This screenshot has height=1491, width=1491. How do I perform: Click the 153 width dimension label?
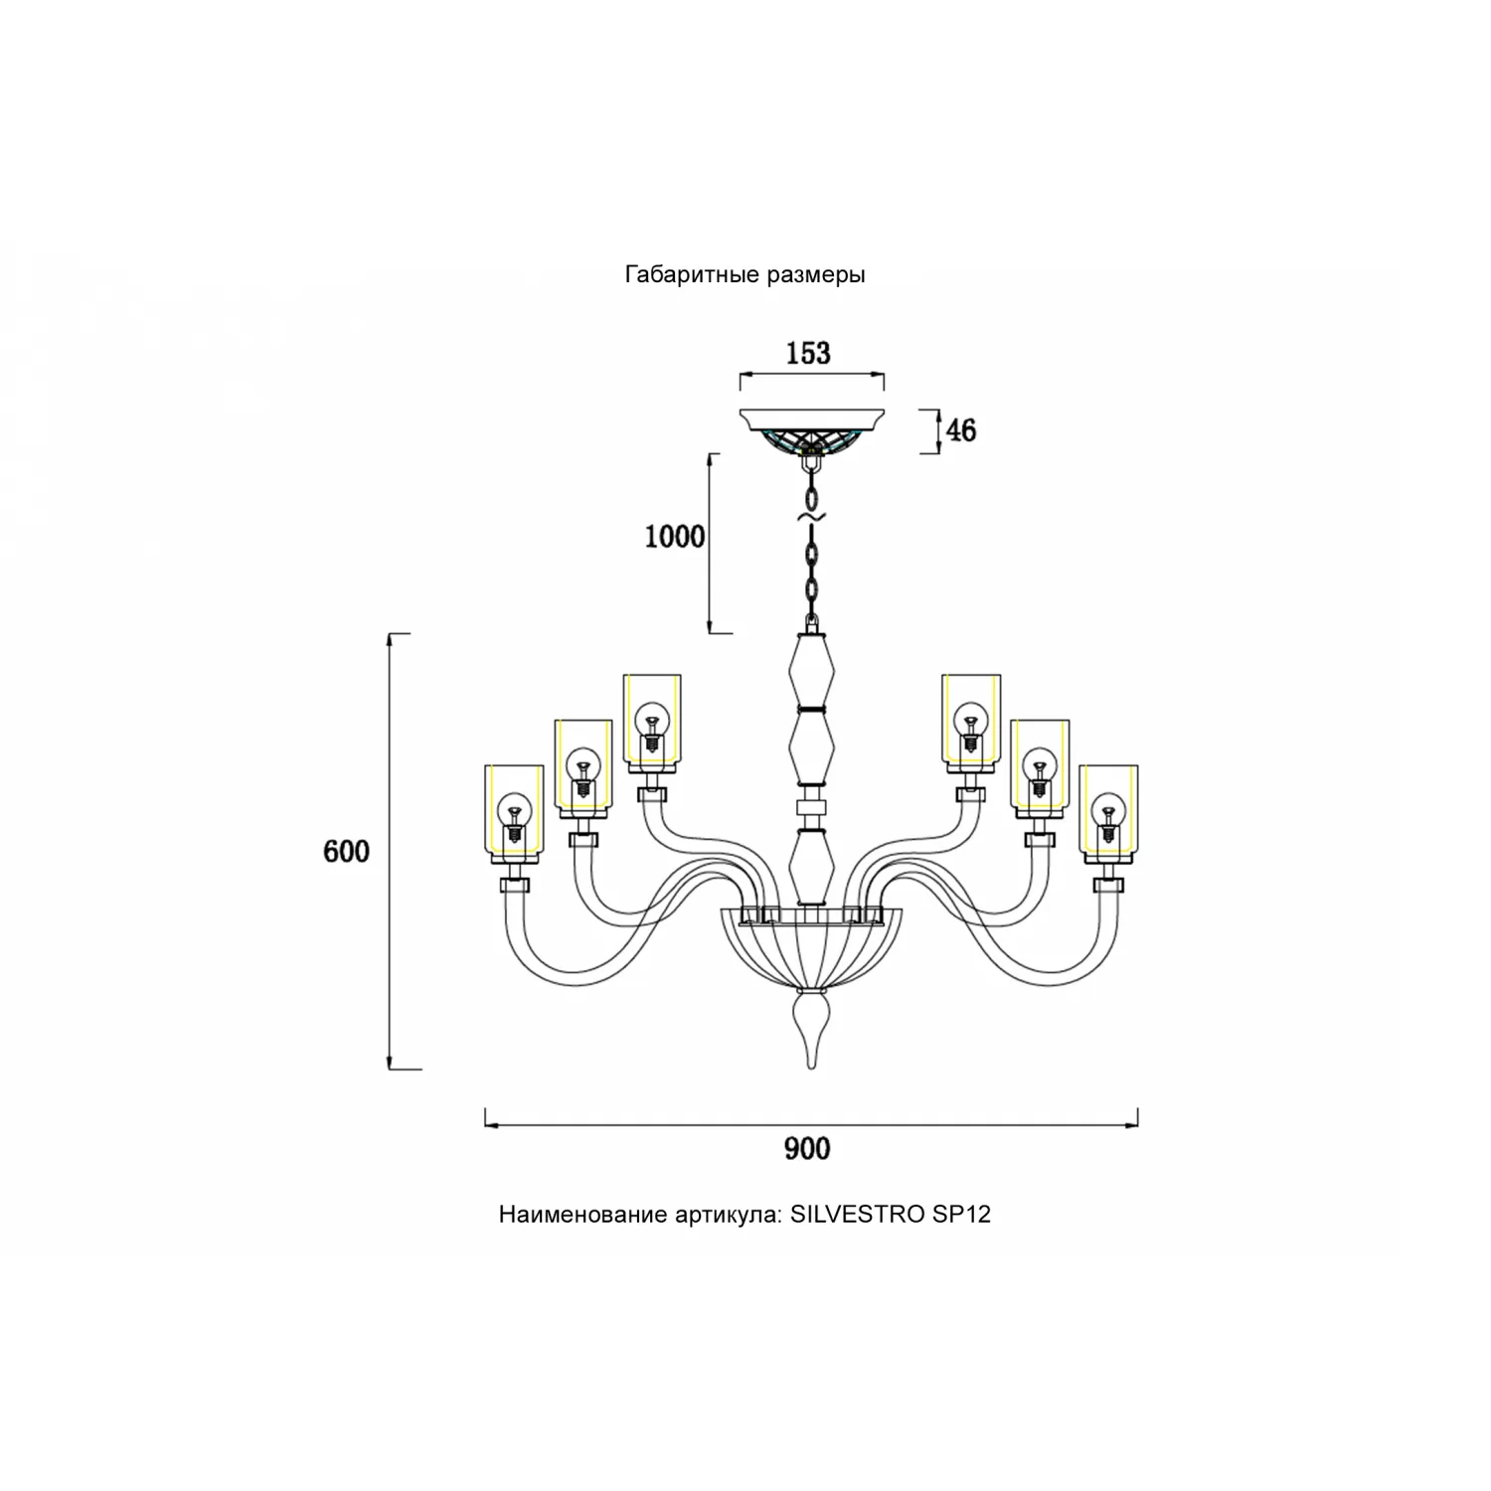(x=808, y=353)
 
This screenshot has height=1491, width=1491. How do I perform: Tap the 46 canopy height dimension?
(x=960, y=430)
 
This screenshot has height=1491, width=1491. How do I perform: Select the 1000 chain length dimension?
(x=675, y=537)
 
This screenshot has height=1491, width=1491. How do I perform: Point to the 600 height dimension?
(x=346, y=851)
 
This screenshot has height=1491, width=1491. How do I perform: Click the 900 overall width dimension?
(x=807, y=1149)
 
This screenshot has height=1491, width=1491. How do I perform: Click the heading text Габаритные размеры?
(x=745, y=274)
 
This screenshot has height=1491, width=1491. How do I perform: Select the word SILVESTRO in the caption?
(x=858, y=1214)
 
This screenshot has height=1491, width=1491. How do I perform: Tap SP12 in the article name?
(x=961, y=1214)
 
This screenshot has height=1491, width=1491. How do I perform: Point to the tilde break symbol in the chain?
(x=812, y=518)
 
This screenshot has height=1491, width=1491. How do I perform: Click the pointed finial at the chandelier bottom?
(x=812, y=1034)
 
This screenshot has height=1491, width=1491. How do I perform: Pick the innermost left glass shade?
(x=652, y=721)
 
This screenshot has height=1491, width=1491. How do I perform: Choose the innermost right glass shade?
(x=971, y=721)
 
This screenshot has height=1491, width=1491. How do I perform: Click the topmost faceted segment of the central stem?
(x=812, y=671)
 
